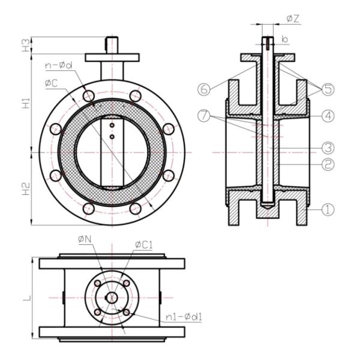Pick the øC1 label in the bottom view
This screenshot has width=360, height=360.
click(142, 244)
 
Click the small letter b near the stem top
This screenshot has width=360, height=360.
click(287, 38)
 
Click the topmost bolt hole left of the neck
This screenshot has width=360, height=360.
click(89, 95)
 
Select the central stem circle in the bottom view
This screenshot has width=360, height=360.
click(112, 297)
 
